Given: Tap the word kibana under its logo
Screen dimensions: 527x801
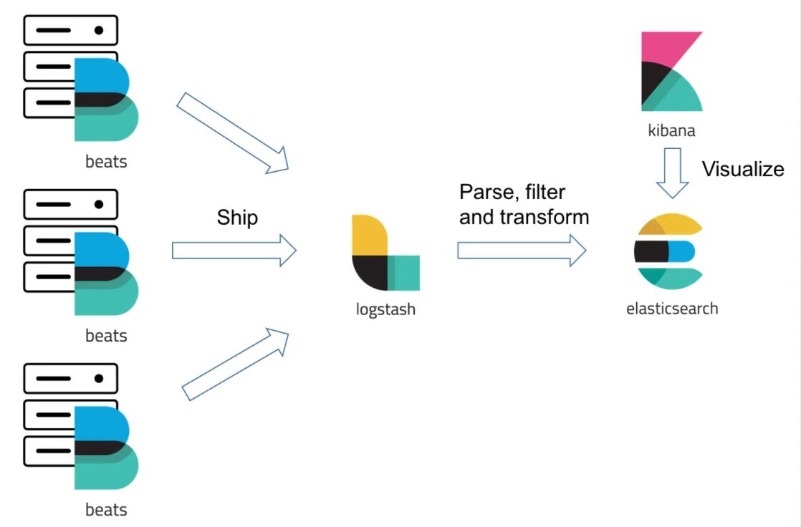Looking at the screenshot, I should [671, 131].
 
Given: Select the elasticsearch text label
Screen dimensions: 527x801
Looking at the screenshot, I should [671, 309].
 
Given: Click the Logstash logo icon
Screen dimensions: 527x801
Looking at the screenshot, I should [385, 252].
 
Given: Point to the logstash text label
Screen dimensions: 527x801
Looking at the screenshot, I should [385, 310].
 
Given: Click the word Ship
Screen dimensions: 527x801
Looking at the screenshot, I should [237, 218].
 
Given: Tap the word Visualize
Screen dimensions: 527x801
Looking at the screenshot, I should [743, 170].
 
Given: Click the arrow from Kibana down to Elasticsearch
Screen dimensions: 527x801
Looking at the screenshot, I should [672, 173].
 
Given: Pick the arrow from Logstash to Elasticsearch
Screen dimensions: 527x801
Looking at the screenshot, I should [522, 251].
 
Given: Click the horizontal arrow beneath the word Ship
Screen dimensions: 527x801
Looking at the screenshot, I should [234, 251].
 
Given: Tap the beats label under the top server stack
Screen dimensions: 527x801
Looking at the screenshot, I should [106, 161].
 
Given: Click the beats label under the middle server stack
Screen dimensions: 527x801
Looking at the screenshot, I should [106, 335].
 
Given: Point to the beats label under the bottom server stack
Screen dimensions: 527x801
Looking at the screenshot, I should [106, 510].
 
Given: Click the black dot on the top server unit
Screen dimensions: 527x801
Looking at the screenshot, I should [99, 30].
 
